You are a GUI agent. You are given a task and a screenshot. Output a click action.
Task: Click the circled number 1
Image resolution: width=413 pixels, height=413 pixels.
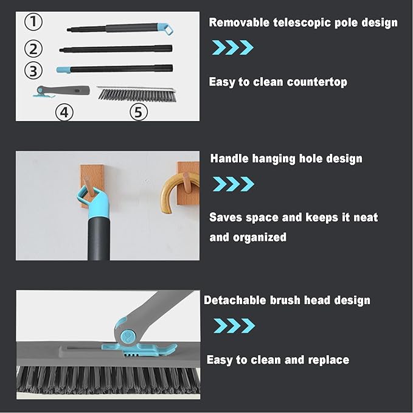point(34,23)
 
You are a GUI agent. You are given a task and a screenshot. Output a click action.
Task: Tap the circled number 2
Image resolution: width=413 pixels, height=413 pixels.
point(34,49)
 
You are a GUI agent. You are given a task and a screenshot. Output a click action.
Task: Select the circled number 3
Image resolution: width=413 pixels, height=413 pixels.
point(34,70)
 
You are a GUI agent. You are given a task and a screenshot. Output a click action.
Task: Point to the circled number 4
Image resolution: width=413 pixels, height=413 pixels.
point(64,111)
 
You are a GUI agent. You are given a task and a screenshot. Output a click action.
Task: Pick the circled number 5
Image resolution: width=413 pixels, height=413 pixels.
point(139,111)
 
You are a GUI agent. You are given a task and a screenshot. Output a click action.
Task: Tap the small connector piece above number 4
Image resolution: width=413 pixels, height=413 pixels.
point(61,91)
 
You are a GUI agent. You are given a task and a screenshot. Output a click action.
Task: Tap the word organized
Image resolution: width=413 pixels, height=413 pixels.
point(248,237)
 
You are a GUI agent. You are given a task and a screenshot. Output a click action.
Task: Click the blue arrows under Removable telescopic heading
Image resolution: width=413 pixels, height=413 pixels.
point(232,47)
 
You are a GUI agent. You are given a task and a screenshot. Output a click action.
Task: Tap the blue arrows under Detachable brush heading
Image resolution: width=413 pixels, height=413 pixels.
point(234,326)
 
